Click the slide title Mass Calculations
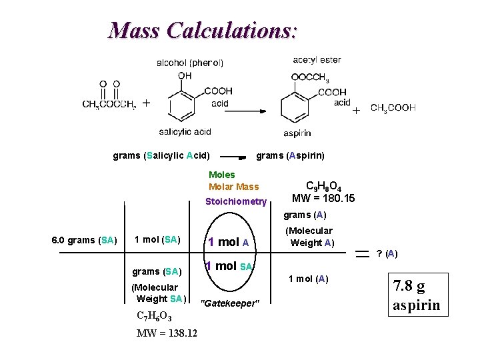point(203,30)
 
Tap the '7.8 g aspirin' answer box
point(417,296)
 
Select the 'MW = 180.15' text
point(323,199)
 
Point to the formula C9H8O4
point(324,186)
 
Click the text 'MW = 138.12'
point(167,333)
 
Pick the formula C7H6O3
point(153,316)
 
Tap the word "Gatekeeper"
point(229,303)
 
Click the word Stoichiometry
point(236,201)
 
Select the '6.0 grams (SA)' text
point(84,240)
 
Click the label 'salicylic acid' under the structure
point(185,131)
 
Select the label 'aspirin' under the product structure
point(297,133)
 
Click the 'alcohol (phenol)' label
point(190,63)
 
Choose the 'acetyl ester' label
point(317,60)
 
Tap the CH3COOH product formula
point(393,107)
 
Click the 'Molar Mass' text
point(233,187)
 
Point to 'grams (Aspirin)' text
point(291,155)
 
